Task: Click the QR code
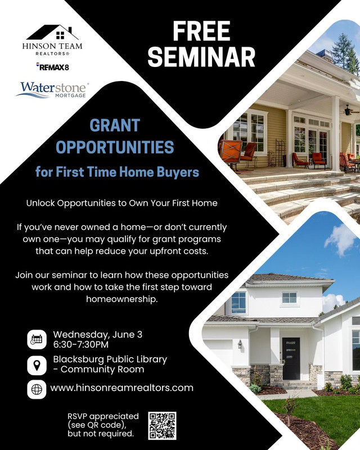pos(162,426)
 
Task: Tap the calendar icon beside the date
pos(37,339)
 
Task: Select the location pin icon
pos(37,365)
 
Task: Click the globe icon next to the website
pos(37,389)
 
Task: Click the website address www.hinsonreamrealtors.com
pos(121,388)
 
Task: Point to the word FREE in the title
pos(201,31)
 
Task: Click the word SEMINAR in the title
pos(201,57)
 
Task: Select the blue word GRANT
pos(115,125)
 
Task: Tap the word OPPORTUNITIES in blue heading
pos(115,147)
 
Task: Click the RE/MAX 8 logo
pos(52,66)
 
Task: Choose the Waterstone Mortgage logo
pos(52,90)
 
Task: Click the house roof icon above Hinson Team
pos(52,33)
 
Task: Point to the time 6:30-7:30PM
pos(81,344)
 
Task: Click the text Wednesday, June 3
pos(98,335)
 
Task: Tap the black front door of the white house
pos(291,358)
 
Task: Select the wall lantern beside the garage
pos(240,344)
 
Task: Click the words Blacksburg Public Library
pos(110,359)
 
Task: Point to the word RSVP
pos(78,416)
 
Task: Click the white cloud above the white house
pos(341,240)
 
